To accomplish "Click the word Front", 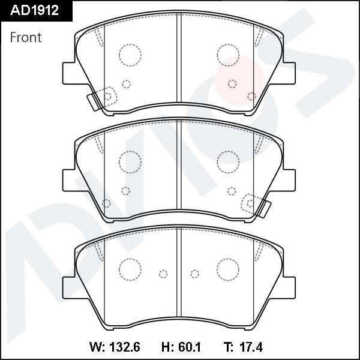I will (x=26, y=37).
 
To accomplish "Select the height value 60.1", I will (x=184, y=346).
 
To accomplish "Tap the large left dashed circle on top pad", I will (x=129, y=55).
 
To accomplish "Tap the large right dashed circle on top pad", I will (x=228, y=55).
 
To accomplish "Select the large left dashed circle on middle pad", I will (x=129, y=161).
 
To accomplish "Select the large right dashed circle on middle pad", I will (x=228, y=161).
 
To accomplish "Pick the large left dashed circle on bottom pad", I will (x=129, y=268).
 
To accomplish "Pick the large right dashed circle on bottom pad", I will (x=228, y=268).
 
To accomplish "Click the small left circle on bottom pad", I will (x=163, y=274).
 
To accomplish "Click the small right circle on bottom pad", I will (x=194, y=274).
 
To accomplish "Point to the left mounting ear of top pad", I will (x=68, y=73).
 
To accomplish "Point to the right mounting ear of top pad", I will (x=290, y=73).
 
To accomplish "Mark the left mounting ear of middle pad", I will (x=68, y=179).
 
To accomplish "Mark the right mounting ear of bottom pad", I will (x=290, y=286).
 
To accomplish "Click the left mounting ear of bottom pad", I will (x=68, y=286).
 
